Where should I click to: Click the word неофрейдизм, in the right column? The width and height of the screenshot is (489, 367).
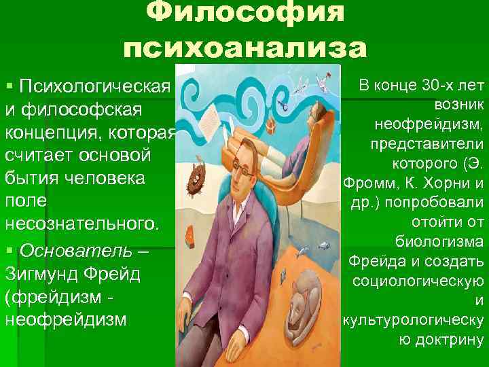[x=428, y=125]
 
